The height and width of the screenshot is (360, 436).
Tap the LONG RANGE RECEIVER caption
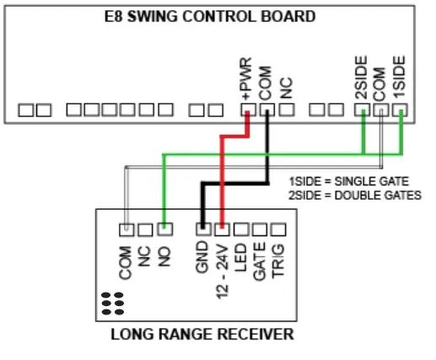click(202, 335)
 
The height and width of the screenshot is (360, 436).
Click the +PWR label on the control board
click(246, 79)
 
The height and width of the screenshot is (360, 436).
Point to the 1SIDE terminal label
click(400, 76)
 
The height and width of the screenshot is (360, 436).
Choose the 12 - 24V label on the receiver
click(223, 266)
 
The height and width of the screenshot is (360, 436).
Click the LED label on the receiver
click(242, 255)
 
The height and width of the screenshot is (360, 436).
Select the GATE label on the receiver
click(261, 258)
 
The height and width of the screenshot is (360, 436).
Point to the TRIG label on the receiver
click(280, 257)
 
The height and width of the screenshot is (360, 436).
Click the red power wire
click(222, 177)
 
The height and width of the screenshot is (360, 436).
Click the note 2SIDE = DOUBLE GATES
click(354, 196)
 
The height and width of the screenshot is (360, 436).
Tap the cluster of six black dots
click(112, 303)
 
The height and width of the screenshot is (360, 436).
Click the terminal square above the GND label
click(203, 228)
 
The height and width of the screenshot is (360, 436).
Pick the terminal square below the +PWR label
click(247, 110)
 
